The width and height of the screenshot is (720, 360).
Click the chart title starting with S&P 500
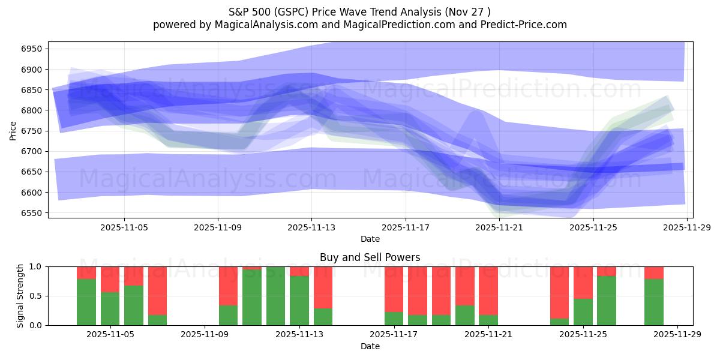coord(359,11)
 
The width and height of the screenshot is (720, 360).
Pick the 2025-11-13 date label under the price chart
coord(311,227)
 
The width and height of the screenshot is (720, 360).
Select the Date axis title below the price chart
coord(370,239)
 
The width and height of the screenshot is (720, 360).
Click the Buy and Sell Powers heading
coord(370,257)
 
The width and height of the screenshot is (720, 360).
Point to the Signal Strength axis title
coord(21,296)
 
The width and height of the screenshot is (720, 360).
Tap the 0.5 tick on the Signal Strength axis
coord(36,296)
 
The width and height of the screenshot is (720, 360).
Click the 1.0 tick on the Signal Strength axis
coord(36,266)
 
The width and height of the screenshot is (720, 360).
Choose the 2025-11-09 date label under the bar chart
coord(205,335)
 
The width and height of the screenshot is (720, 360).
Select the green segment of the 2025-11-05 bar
coord(110,308)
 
